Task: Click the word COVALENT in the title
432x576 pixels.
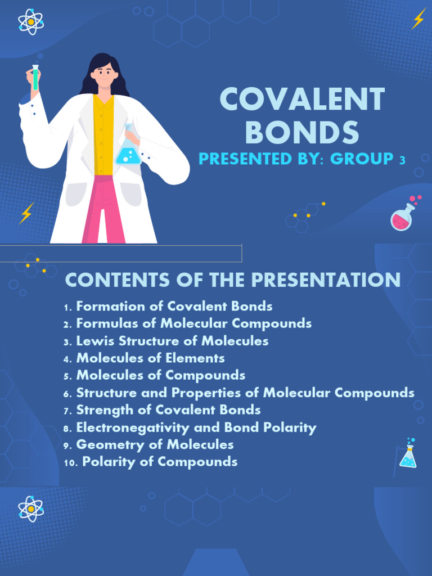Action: tap(302, 100)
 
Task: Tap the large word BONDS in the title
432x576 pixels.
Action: tap(302, 133)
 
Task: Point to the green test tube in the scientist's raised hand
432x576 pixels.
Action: tap(35, 78)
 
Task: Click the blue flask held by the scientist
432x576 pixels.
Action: tap(128, 150)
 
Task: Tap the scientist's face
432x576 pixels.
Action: tap(104, 74)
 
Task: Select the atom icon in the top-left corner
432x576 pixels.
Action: tap(30, 22)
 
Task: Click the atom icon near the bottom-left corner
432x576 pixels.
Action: tap(30, 508)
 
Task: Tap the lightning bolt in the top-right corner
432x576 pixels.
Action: tap(418, 19)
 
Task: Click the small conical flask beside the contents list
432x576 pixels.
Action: tap(408, 456)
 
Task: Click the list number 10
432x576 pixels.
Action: tap(70, 462)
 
